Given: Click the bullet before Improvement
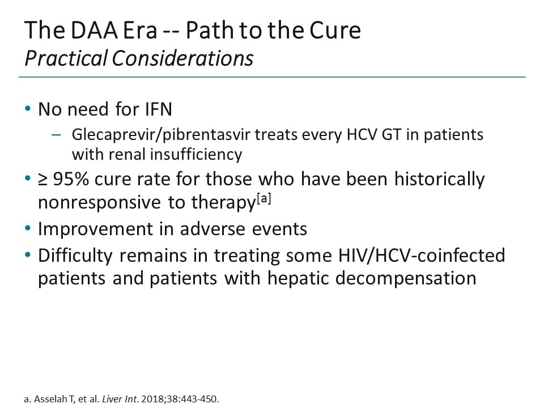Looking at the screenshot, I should point(28,229).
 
